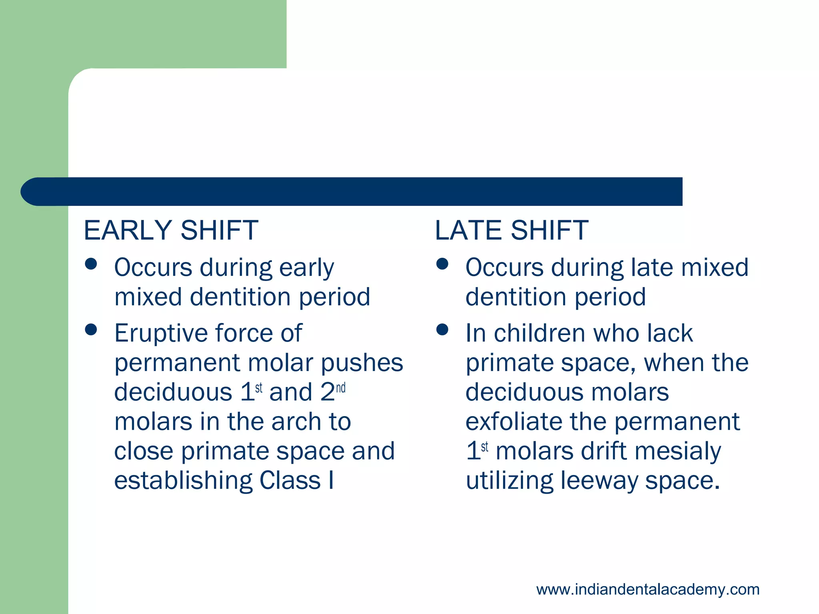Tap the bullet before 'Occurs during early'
tap(91, 264)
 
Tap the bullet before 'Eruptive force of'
tap(91, 329)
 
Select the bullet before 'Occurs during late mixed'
tap(442, 264)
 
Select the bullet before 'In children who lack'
tap(442, 329)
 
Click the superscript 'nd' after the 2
tap(341, 388)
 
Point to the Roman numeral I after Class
tap(331, 480)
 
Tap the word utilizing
tap(509, 481)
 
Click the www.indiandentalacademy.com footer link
tap(648, 590)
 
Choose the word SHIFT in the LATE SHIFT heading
tap(549, 231)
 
